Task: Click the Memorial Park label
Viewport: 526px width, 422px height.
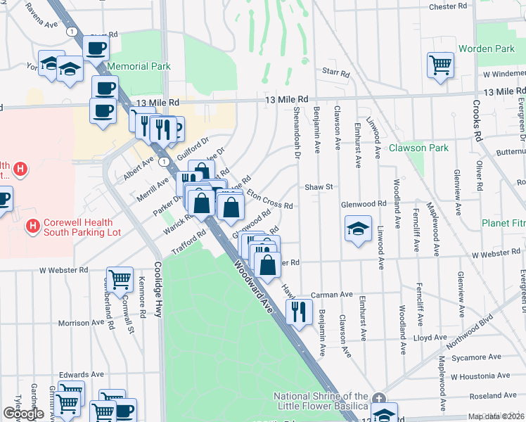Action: tap(139, 67)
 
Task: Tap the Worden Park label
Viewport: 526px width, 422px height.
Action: tap(486, 49)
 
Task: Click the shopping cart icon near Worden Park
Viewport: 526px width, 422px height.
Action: tap(440, 65)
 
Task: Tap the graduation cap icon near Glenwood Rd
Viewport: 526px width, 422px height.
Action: tap(358, 229)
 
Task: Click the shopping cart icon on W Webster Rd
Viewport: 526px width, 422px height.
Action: tap(120, 279)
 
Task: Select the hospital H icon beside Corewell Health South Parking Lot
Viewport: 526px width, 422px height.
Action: tap(32, 226)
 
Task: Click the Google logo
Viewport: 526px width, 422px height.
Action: tap(23, 414)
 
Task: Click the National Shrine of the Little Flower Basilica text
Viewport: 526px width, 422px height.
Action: tap(321, 402)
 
